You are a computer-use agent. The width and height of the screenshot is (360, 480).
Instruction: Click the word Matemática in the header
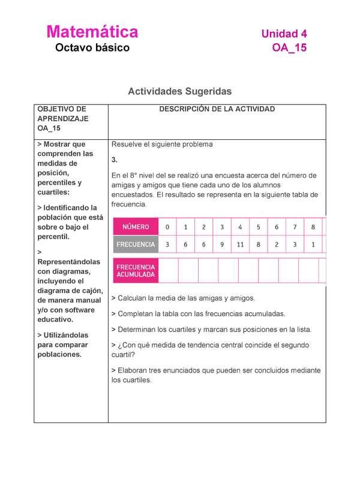pos(92,32)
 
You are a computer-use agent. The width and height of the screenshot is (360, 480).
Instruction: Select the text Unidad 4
pos(284,34)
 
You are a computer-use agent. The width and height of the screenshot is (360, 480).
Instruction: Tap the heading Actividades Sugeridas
pos(179,91)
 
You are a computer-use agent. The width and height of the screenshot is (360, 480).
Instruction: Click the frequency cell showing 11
pos(240,245)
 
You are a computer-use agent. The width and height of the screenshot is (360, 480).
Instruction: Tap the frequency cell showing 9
pos(222,245)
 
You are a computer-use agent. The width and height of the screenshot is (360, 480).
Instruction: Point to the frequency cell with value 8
pos(258,245)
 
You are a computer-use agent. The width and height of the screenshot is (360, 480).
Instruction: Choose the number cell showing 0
pos(168,227)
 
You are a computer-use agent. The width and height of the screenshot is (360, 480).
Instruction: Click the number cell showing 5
pos(258,227)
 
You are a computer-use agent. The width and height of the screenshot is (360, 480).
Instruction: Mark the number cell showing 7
pos(295,227)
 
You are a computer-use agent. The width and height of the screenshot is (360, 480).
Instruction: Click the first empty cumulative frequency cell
pos(169,271)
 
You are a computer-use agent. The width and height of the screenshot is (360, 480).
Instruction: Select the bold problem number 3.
pos(114,160)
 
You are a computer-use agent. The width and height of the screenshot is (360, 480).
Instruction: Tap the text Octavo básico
pos(92,48)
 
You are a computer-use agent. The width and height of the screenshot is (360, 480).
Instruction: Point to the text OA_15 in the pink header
pos(289,48)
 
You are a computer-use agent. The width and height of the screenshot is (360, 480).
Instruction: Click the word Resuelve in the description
pos(128,145)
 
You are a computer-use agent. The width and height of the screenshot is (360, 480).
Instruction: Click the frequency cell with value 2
pos(277,245)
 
